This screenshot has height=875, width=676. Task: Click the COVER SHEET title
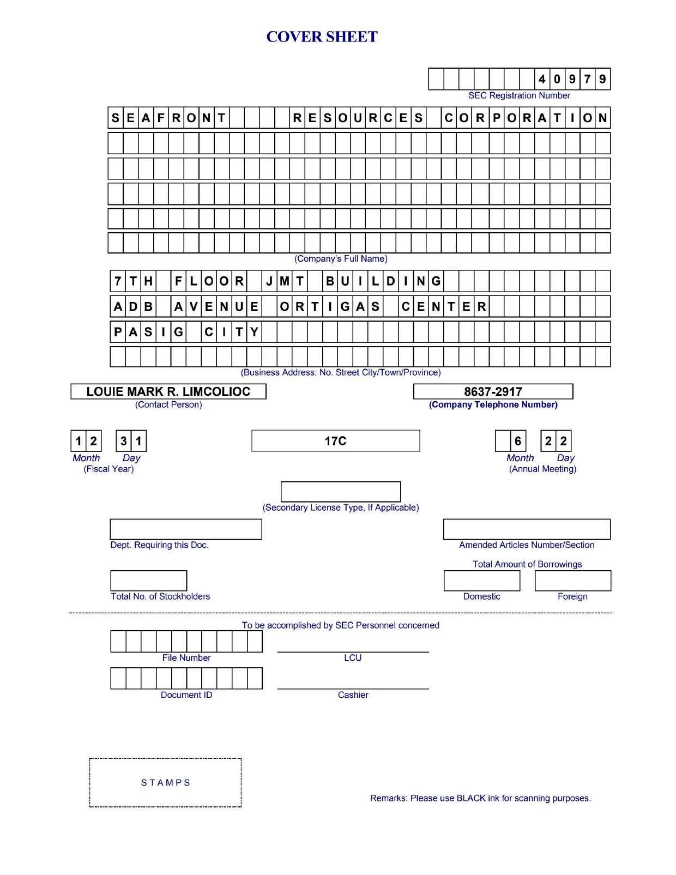322,37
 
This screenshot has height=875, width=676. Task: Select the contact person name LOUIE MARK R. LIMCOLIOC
168,391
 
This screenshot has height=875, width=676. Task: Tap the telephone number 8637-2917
493,391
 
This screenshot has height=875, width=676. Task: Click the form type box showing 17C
335,441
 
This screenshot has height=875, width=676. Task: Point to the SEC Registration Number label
519,95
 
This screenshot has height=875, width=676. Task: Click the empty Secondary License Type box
341,491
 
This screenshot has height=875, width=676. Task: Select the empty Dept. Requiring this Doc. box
186,529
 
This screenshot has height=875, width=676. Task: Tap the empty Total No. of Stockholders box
148,581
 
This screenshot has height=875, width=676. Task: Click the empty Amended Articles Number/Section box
527,529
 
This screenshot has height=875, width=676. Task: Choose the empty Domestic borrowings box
482,581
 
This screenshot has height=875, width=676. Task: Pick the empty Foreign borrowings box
573,581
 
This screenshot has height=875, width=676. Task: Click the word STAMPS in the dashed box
166,783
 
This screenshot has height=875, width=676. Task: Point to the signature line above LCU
353,651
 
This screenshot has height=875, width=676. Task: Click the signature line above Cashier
353,689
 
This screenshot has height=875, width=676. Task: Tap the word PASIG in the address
148,331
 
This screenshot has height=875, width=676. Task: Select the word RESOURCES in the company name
358,118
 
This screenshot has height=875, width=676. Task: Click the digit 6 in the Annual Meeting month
518,441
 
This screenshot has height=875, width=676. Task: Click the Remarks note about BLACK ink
480,798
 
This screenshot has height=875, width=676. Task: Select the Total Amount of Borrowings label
527,564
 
